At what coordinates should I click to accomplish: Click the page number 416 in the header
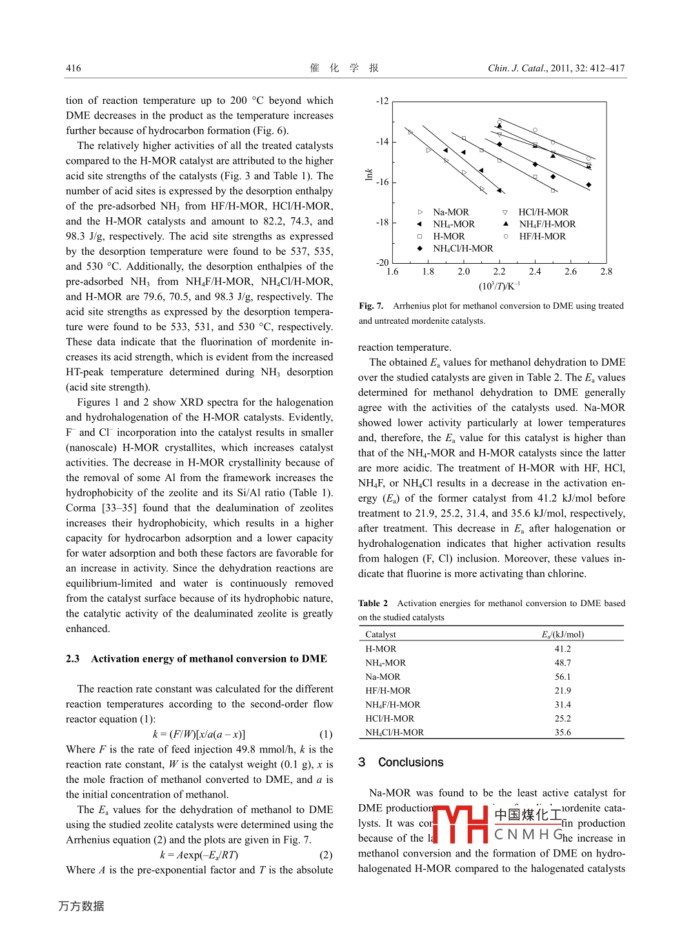(74, 68)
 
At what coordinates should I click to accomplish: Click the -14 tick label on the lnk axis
(383, 142)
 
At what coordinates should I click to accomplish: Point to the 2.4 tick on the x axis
(535, 271)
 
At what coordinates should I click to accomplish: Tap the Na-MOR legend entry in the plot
(451, 212)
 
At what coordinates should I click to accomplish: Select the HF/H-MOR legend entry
(542, 237)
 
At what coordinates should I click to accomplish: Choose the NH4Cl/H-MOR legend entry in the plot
(463, 249)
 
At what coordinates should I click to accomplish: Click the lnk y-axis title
(369, 174)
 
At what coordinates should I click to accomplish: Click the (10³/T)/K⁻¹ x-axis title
(499, 286)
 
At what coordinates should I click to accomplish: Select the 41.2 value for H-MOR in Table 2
(563, 649)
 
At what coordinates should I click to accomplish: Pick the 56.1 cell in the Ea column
(563, 677)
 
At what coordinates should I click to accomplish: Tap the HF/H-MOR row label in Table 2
(388, 691)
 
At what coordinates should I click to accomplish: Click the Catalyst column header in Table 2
(381, 635)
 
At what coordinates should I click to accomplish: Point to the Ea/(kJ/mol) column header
(563, 635)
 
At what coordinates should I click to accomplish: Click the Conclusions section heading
(410, 762)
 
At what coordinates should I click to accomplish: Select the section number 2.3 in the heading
(72, 659)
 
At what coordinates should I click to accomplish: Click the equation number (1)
(326, 735)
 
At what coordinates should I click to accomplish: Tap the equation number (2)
(326, 855)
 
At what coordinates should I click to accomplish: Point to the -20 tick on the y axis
(383, 263)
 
